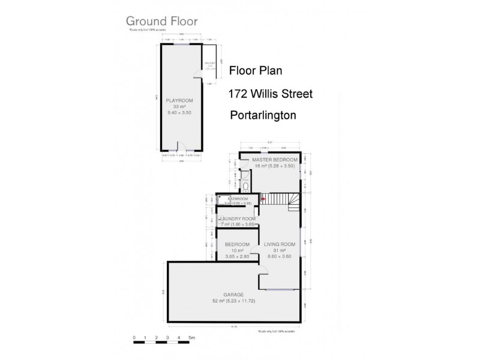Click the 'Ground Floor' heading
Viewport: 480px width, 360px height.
point(161,21)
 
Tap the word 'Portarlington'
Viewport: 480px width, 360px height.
point(263,116)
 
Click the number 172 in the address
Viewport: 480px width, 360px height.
point(239,94)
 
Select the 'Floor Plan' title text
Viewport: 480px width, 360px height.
point(256,71)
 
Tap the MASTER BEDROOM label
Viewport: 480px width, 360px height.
point(275,160)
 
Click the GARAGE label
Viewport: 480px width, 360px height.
point(233,294)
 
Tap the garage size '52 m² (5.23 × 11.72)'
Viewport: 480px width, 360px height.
point(233,301)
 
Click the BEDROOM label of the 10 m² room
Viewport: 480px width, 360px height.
point(237,244)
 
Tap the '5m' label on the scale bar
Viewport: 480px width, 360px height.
point(190,338)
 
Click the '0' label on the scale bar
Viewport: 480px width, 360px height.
point(134,338)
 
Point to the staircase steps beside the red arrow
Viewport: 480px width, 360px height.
point(279,199)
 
